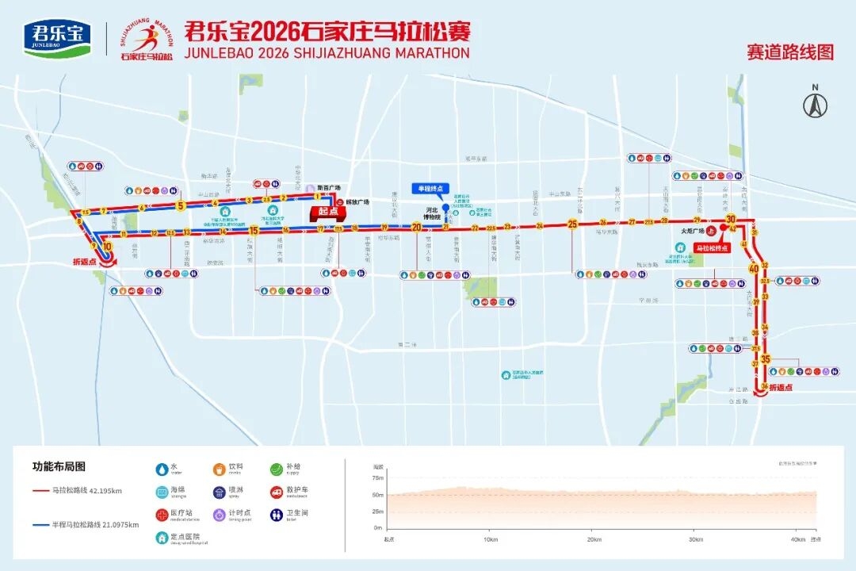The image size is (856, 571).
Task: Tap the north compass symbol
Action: tap(815, 102)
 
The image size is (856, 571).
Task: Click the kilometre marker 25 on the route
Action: tap(572, 224)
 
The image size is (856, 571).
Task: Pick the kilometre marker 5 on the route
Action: tap(181, 206)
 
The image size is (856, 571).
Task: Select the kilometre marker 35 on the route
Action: tap(765, 359)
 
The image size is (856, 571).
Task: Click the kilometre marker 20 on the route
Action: tap(417, 227)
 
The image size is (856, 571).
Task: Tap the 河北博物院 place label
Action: tap(432, 213)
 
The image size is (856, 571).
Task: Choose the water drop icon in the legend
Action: tap(162, 469)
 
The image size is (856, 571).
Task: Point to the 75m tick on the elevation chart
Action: tap(378, 478)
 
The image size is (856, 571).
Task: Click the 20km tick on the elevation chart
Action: tap(592, 539)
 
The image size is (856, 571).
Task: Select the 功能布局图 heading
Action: tap(59, 466)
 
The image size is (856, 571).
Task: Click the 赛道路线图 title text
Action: tap(789, 52)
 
